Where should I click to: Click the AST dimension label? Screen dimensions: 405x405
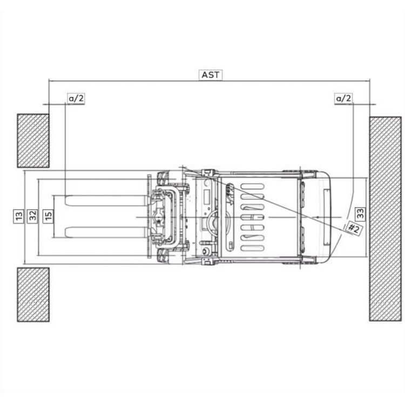click(211, 75)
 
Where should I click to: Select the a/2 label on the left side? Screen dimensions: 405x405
click(76, 98)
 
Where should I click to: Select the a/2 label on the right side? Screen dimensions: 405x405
click(344, 98)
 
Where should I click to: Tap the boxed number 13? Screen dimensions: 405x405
click(19, 217)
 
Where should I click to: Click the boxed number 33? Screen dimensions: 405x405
click(361, 214)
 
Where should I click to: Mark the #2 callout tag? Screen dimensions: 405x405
click(353, 228)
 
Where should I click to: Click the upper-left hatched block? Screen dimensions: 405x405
click(33, 141)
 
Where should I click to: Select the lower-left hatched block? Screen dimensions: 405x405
click(33, 295)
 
